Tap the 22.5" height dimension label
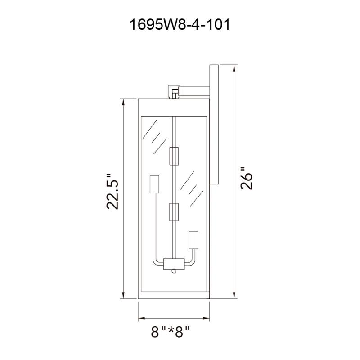click(112, 191)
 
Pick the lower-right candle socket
click(194, 240)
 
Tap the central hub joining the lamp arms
click(174, 263)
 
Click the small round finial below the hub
click(174, 270)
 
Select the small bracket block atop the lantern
click(174, 91)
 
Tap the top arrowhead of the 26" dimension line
click(234, 69)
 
